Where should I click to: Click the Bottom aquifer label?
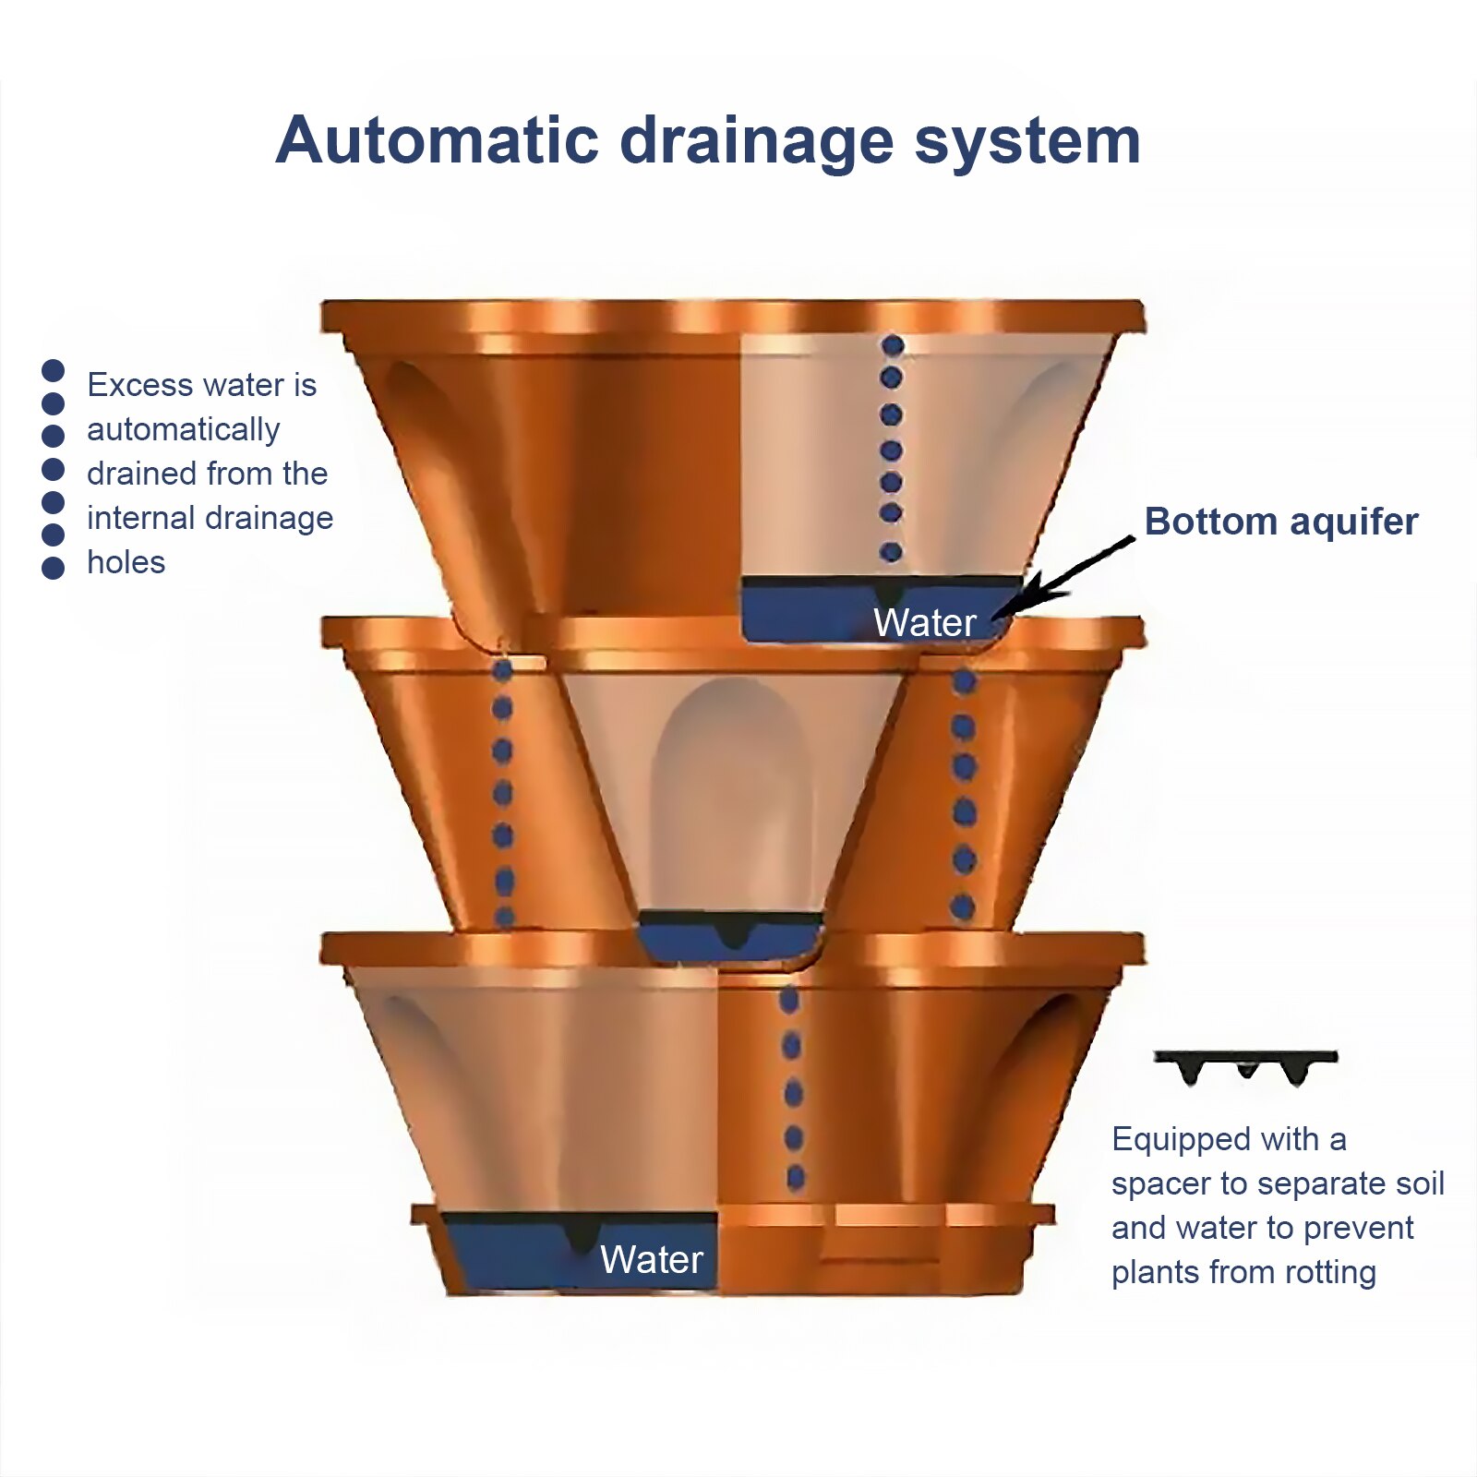pos(1280,522)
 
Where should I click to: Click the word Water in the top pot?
pos(924,623)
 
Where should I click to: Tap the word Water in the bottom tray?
pos(651,1260)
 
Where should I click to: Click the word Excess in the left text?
pos(140,385)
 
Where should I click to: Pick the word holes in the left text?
pos(126,562)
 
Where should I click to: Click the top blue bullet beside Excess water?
pos(54,370)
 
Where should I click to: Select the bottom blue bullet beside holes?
pos(54,568)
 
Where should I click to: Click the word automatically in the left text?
pos(183,430)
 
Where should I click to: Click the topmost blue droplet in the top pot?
pos(892,346)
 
